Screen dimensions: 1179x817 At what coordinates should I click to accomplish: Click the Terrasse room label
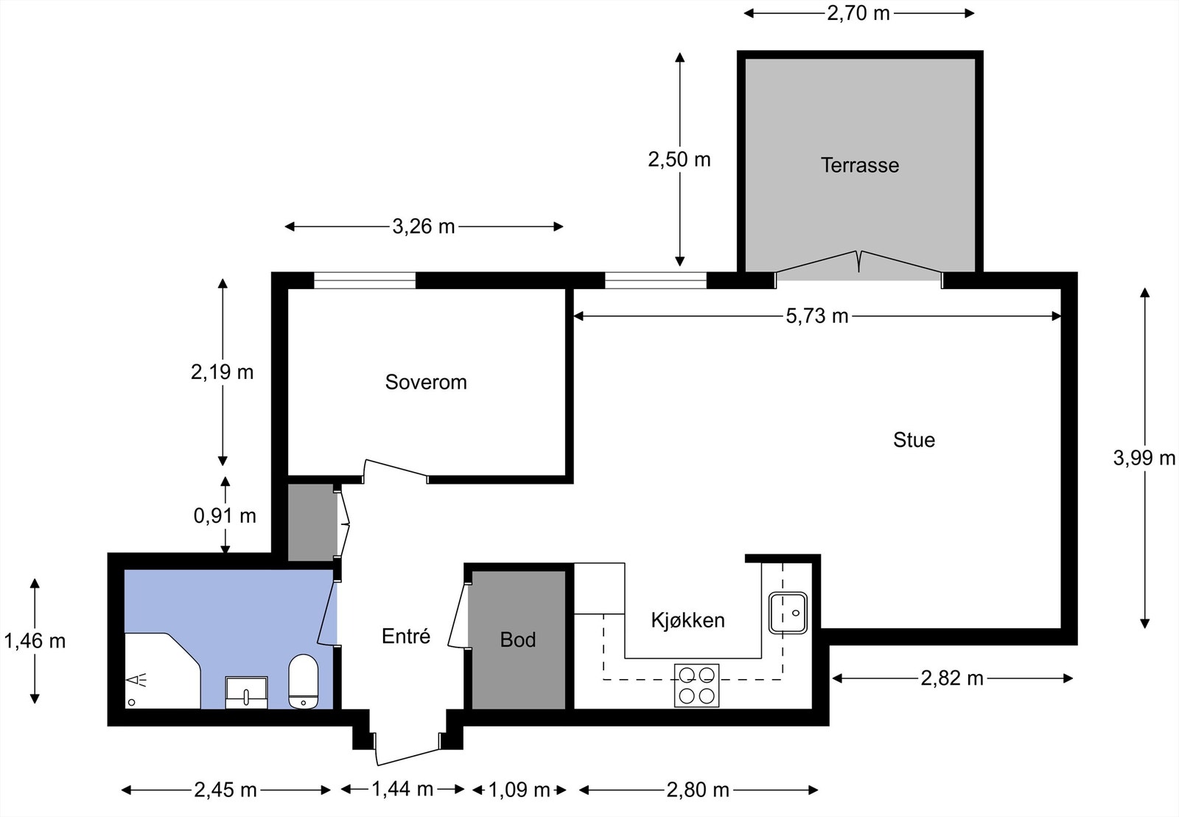click(859, 165)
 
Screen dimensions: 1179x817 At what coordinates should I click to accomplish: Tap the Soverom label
click(426, 383)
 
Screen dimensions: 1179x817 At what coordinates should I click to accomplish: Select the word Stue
click(914, 440)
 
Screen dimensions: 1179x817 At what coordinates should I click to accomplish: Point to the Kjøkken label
click(688, 620)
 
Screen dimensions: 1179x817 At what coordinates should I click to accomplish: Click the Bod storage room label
click(518, 639)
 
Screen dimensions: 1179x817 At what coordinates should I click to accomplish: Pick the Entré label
click(406, 636)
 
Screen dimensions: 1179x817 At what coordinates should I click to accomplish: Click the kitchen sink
click(788, 613)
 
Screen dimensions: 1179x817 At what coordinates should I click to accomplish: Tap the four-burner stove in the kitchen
click(696, 685)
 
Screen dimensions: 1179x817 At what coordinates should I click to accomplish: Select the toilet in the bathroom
click(304, 681)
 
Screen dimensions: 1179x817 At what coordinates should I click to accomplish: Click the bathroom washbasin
click(246, 692)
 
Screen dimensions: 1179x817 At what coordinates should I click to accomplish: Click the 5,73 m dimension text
click(817, 316)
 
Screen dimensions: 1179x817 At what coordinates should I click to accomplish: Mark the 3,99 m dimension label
click(1144, 458)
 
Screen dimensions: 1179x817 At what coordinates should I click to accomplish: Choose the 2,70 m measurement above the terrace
click(858, 13)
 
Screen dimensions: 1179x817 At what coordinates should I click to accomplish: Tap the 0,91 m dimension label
click(225, 515)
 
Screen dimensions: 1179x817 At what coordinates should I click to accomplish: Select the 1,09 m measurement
click(519, 790)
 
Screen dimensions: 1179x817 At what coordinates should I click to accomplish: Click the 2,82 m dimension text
click(952, 678)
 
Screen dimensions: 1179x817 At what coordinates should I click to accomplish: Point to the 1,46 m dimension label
click(35, 641)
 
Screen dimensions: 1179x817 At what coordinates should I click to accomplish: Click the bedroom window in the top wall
click(365, 280)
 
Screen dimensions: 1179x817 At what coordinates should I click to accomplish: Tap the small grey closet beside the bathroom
click(312, 522)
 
